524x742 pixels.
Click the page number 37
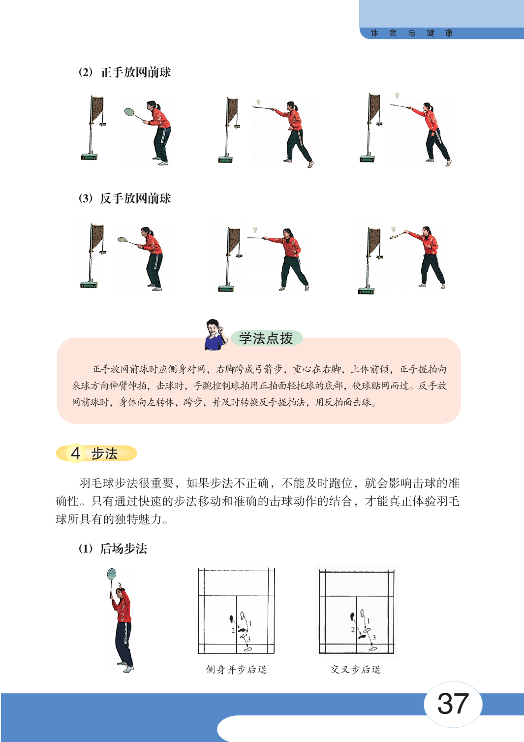(x=453, y=703)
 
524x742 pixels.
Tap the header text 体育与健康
(x=411, y=33)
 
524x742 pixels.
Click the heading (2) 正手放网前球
(x=125, y=72)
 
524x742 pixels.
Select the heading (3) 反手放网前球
(x=125, y=198)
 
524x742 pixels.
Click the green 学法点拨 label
(x=266, y=338)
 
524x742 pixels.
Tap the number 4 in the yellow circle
(x=76, y=453)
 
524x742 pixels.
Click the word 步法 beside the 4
(x=104, y=453)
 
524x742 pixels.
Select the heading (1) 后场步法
(x=113, y=548)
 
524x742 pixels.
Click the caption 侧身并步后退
(x=236, y=670)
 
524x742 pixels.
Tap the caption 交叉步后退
(x=356, y=670)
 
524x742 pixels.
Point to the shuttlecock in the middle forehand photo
(x=258, y=102)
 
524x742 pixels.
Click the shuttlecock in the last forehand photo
(x=397, y=96)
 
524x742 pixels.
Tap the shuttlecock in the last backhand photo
(x=393, y=229)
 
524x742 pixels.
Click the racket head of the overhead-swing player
(x=112, y=574)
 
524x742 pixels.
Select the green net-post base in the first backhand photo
(x=89, y=285)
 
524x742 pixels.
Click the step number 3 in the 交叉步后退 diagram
(x=374, y=637)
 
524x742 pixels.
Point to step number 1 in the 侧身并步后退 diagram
(x=250, y=624)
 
